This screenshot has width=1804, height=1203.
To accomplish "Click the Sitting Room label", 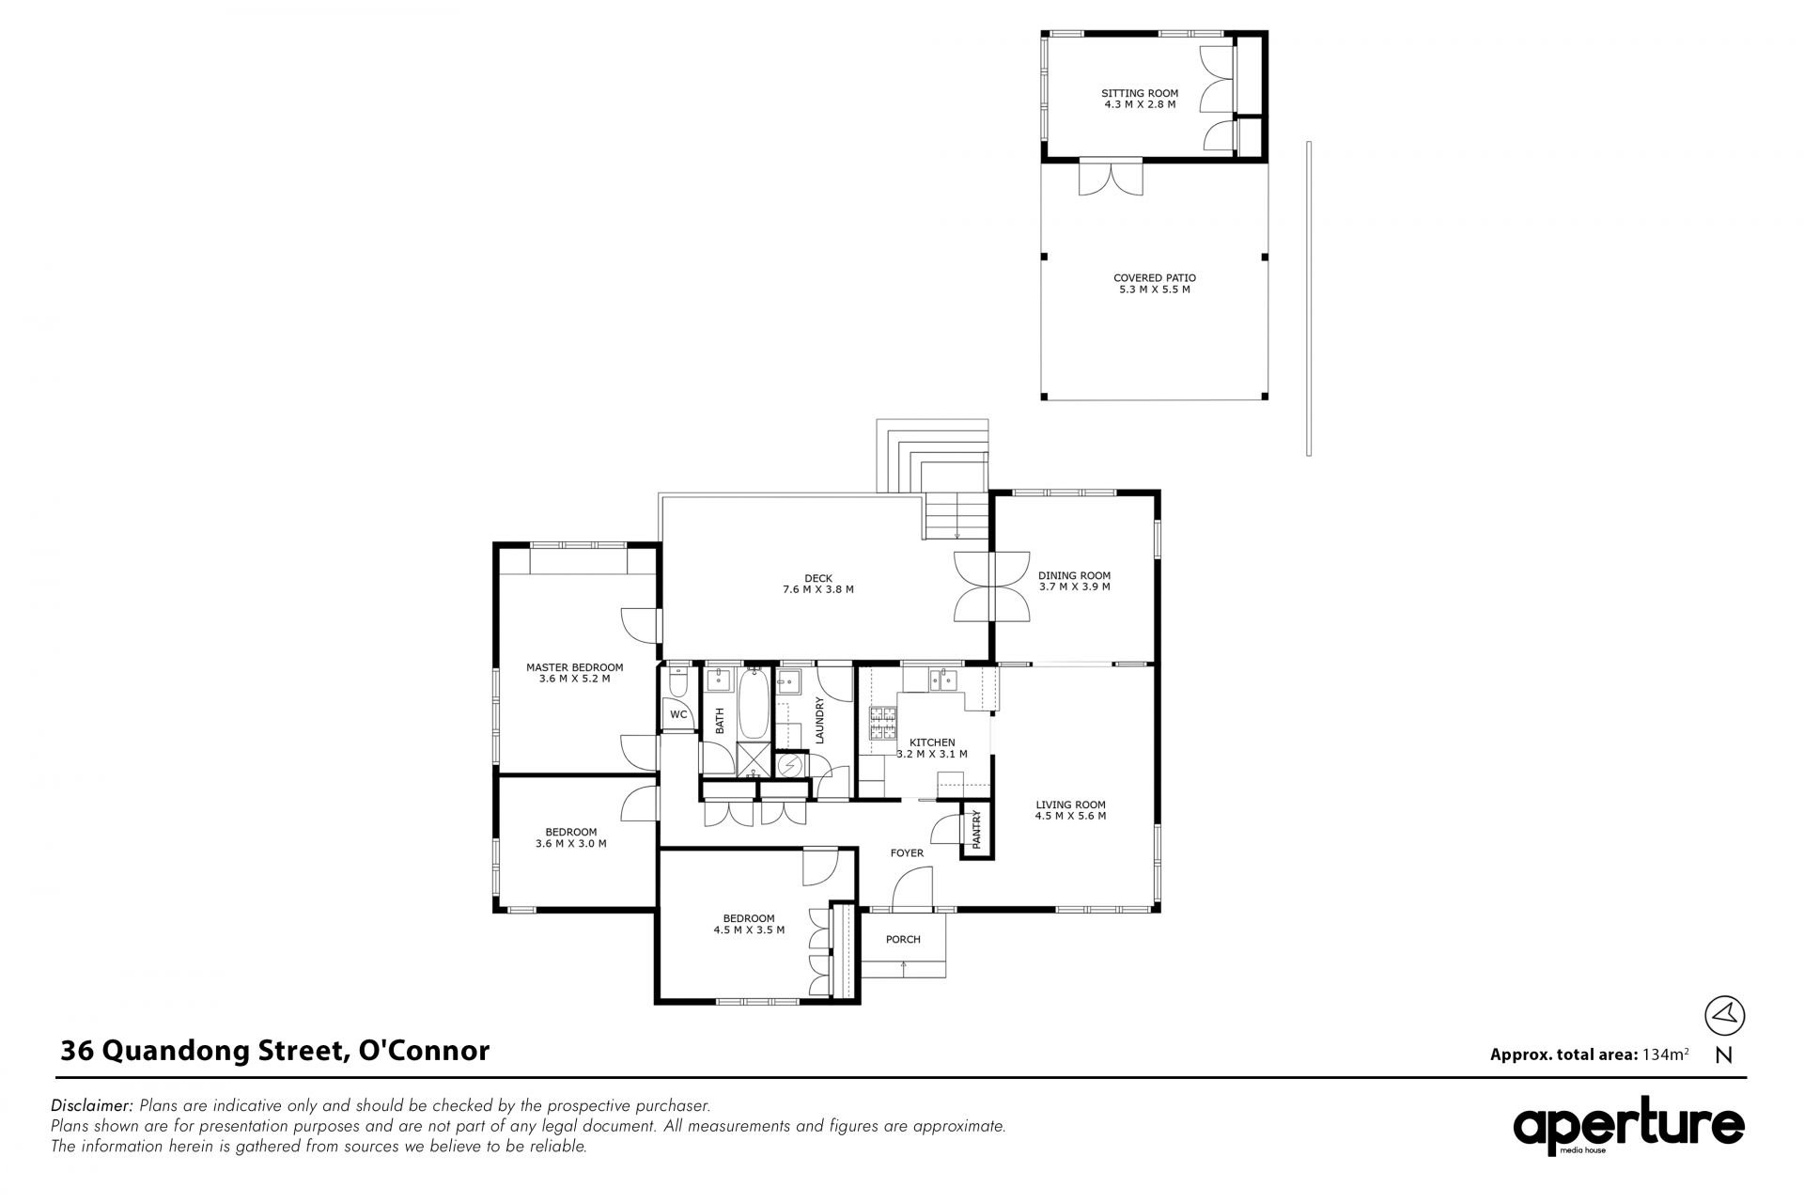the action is [1140, 99].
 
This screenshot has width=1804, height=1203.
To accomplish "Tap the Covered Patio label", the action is [1154, 284].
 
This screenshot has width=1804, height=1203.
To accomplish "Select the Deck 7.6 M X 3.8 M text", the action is [817, 584].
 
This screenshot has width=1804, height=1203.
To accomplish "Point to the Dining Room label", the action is [1074, 581].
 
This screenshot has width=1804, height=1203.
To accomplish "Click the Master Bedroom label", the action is [574, 673].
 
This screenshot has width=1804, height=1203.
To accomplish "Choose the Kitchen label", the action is [932, 748].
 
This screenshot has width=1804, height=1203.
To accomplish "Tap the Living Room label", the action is [1070, 810].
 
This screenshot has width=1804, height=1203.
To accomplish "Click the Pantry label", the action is [976, 830].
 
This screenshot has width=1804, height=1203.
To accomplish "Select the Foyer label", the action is [907, 853].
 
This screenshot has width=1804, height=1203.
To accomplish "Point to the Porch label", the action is [903, 940].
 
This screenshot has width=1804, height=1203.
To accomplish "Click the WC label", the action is [678, 715].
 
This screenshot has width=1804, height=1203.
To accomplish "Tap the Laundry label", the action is [819, 720].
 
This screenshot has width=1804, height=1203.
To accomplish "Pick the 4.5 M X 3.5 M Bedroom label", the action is [749, 924].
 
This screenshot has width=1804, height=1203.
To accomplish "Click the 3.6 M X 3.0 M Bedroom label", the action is [570, 837].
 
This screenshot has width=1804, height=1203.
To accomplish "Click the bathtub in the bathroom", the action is [754, 704].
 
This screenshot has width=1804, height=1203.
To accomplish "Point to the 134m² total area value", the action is [1665, 1054].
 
